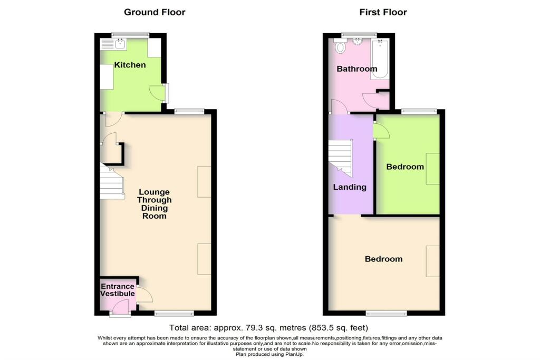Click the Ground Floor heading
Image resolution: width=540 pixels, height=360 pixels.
pos(155,12)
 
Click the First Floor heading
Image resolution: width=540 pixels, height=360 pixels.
pos(383,12)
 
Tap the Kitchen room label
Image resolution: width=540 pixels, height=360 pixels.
pos(130,65)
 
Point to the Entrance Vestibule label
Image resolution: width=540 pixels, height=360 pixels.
pos(118,290)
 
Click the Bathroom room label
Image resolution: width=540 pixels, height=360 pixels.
pos(357,69)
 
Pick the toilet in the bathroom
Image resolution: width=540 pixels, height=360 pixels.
pos(340,47)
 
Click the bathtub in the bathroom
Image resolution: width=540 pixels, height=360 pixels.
pos(380,59)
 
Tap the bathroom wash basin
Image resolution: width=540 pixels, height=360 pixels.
pos(358,42)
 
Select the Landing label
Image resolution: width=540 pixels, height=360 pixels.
pos(350,187)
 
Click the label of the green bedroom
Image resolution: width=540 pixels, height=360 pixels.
pos(405,167)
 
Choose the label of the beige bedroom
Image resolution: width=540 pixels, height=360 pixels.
pos(384,259)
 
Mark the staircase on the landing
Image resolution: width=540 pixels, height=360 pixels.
pos(340,156)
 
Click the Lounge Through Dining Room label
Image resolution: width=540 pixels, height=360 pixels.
pos(154,204)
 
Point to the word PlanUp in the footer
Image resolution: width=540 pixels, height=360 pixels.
pos(294,354)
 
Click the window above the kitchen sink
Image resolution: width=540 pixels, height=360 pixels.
pos(130,35)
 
